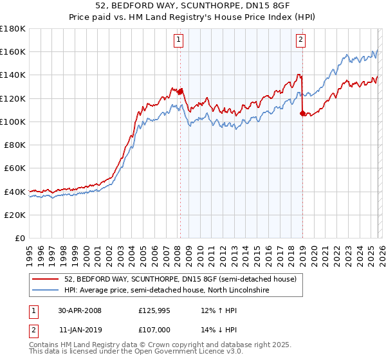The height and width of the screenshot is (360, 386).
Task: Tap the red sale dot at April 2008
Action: coord(180,91)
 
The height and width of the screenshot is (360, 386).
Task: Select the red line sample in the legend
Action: coord(46,279)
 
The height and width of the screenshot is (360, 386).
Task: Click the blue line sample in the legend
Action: coord(46,291)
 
